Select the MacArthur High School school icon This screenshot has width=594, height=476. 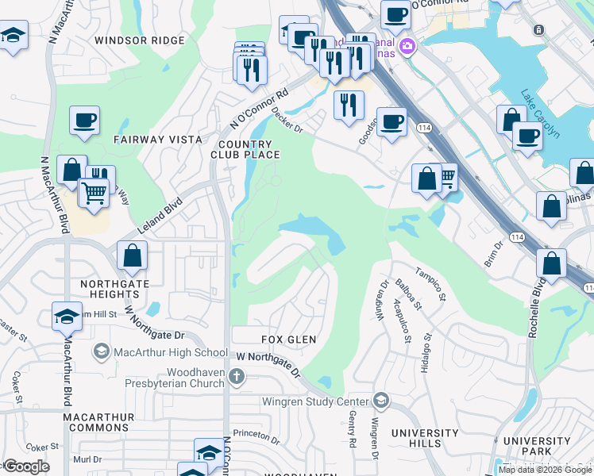click(102, 351)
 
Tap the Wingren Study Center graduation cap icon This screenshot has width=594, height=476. click(381, 401)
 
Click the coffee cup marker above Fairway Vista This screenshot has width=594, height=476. click(84, 120)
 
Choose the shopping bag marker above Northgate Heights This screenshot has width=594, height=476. click(132, 255)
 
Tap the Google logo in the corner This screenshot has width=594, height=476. click(25, 466)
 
